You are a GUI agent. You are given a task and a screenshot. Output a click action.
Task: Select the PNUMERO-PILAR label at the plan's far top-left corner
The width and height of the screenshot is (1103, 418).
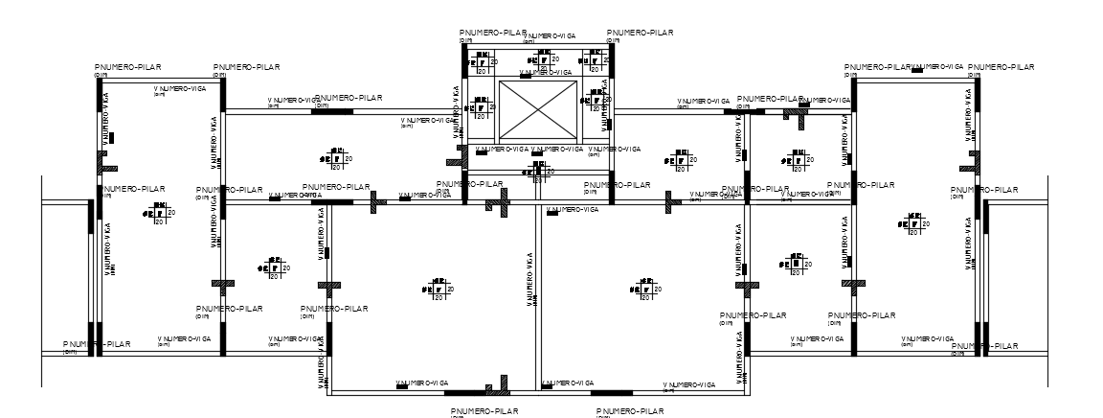click(127, 67)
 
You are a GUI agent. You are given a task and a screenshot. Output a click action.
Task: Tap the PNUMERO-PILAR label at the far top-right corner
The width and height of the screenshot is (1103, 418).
click(1002, 67)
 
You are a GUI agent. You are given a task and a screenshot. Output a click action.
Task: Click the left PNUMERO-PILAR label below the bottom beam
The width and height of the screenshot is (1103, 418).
click(484, 411)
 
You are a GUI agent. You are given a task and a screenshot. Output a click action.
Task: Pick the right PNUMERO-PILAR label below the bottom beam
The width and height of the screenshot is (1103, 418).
click(626, 411)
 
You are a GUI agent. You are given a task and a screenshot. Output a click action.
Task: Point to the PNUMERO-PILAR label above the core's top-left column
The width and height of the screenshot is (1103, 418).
click(493, 33)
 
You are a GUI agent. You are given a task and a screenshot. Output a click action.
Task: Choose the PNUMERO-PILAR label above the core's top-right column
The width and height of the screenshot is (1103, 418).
click(641, 33)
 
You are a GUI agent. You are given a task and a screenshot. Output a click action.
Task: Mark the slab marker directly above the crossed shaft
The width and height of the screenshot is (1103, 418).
click(537, 58)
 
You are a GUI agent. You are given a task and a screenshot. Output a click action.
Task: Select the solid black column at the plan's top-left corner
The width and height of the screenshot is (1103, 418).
click(100, 81)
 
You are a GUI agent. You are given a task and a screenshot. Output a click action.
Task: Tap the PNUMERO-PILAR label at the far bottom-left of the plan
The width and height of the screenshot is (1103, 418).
click(97, 344)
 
